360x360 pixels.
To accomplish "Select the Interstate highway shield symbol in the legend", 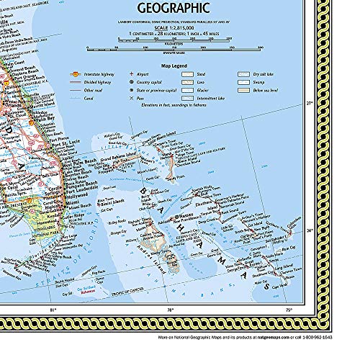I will [75, 74].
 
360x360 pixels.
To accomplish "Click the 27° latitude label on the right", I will [310, 104].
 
